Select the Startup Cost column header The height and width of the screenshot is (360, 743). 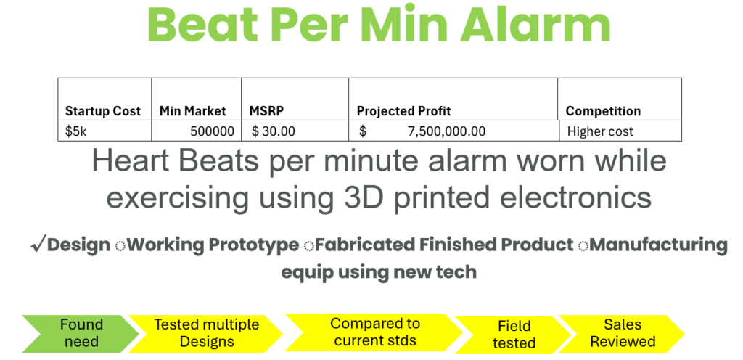103,111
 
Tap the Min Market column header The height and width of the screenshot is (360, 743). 192,111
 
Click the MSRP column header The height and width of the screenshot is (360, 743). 266,111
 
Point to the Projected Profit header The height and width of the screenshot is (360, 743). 403,111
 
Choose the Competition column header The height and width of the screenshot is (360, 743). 603,111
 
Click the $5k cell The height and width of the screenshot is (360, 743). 75,131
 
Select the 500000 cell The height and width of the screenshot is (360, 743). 213,131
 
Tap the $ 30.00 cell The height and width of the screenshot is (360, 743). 274,131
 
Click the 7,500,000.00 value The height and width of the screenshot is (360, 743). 446,131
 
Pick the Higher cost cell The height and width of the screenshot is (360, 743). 600,131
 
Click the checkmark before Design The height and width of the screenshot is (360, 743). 38,245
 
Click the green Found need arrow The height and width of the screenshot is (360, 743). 80,333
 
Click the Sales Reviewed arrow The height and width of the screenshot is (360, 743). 622,333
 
